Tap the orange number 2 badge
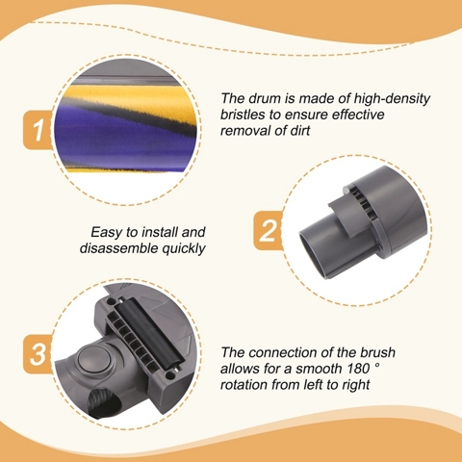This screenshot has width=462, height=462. pyautogui.click(x=268, y=232)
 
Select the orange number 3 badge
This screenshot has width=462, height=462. pyautogui.click(x=36, y=354)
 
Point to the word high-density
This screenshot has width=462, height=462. pyautogui.click(x=368, y=98)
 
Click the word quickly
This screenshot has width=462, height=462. pyautogui.click(x=187, y=248)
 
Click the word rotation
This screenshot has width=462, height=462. pyautogui.click(x=248, y=387)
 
